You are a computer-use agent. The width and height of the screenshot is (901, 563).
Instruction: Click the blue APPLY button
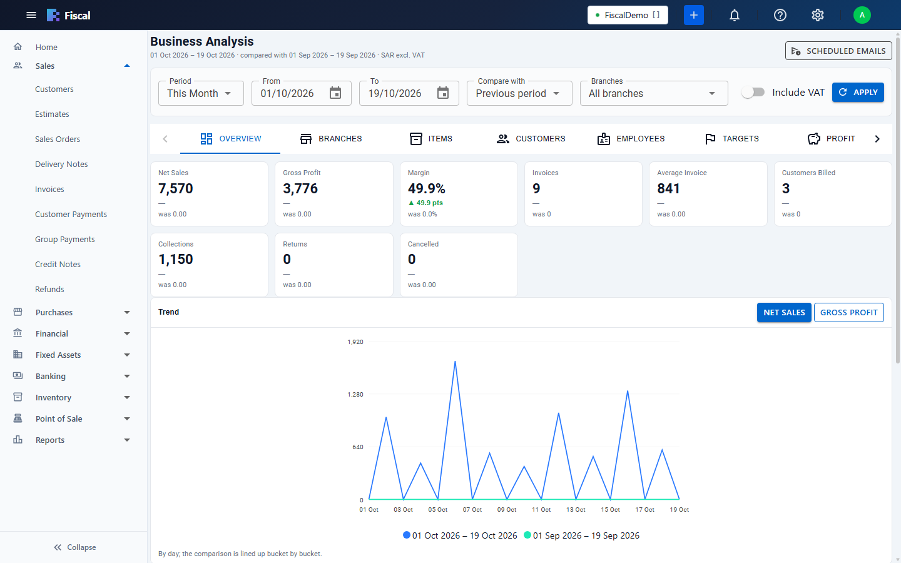[858, 93]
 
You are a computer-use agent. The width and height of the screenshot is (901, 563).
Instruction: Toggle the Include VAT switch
[753, 93]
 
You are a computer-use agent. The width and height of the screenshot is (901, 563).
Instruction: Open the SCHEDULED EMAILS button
[838, 51]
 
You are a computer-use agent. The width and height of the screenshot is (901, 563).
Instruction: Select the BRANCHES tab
[330, 139]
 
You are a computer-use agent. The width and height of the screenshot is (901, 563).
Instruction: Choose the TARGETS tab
[731, 139]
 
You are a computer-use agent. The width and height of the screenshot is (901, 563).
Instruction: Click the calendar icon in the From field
[335, 93]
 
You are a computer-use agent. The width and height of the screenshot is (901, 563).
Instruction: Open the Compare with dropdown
[519, 93]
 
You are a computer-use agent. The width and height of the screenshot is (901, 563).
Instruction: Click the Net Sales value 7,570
[175, 189]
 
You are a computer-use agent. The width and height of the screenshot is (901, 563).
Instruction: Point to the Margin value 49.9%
[426, 189]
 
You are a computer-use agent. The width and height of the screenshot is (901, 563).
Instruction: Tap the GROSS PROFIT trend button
[848, 313]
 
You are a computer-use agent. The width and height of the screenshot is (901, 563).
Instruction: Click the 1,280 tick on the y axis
[355, 395]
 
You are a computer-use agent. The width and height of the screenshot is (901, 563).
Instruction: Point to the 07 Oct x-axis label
[472, 509]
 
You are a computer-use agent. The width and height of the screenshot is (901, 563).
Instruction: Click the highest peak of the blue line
[455, 361]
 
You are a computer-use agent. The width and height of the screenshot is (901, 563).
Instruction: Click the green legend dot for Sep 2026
[527, 535]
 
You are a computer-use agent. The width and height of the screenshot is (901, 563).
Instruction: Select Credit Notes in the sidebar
[58, 264]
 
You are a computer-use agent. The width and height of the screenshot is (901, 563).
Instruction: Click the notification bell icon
[735, 15]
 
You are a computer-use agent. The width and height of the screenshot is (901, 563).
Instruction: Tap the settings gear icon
[817, 15]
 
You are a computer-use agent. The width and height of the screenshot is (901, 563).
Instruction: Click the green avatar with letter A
[862, 15]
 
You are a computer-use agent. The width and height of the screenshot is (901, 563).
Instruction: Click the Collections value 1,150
[175, 260]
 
